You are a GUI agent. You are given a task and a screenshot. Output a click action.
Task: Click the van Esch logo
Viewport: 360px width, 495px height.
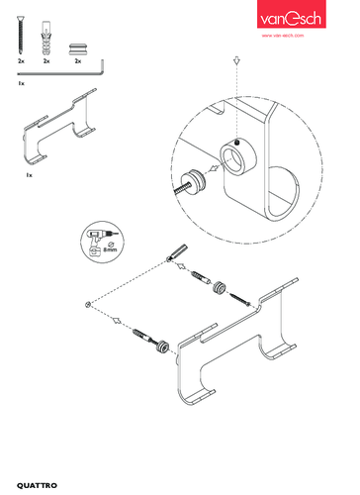(292, 14)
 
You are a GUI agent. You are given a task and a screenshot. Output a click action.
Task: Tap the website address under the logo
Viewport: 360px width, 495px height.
(283, 36)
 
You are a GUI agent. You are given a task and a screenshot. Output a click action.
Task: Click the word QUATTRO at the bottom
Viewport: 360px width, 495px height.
(37, 485)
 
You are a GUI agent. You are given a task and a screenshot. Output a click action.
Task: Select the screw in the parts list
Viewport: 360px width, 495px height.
(21, 35)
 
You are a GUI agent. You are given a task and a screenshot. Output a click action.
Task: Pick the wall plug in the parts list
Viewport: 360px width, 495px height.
(46, 38)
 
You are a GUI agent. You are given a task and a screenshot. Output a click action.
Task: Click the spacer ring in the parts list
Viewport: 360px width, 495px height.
(78, 49)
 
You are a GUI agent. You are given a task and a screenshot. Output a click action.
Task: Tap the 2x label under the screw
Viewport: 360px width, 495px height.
(21, 61)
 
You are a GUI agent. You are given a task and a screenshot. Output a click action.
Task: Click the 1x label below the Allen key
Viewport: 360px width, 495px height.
(21, 83)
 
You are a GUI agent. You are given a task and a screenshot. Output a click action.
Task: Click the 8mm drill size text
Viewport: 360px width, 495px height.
(110, 249)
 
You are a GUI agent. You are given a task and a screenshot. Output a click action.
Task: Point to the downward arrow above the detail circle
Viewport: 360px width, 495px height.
(236, 61)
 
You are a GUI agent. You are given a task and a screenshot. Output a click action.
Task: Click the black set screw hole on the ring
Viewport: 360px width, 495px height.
(236, 143)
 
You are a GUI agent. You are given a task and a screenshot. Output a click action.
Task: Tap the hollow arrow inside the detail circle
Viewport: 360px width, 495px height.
(215, 168)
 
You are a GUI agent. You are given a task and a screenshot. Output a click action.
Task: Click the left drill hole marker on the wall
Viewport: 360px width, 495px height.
(87, 304)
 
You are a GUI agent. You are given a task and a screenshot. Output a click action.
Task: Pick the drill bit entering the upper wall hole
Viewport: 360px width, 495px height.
(178, 251)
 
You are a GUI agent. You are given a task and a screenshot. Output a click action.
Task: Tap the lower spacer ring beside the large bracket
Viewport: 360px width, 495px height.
(162, 346)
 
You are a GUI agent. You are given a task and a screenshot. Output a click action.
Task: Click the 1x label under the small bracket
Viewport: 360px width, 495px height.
(30, 175)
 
